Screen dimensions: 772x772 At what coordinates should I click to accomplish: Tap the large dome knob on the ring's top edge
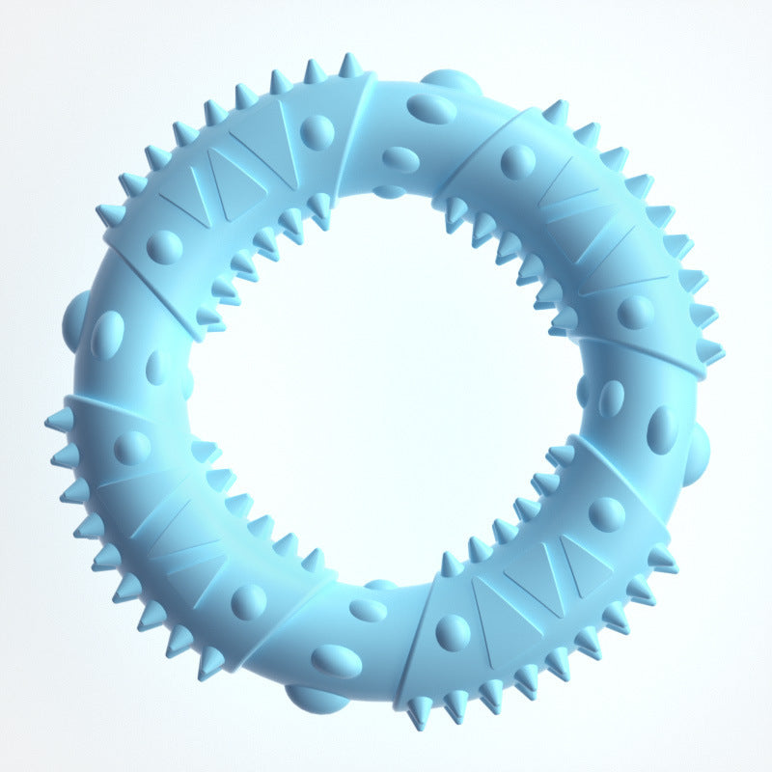pyautogui.click(x=450, y=81)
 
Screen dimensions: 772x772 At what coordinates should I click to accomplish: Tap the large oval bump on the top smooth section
pyautogui.click(x=431, y=108)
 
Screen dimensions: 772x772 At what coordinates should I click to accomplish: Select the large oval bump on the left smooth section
pyautogui.click(x=107, y=334)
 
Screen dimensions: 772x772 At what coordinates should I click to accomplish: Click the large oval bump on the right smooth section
pyautogui.click(x=662, y=428)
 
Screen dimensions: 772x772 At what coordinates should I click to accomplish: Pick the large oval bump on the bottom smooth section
pyautogui.click(x=337, y=661)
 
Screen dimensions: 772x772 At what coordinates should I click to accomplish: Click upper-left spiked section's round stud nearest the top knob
pyautogui.click(x=317, y=131)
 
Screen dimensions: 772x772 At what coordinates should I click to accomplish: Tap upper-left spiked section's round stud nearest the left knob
pyautogui.click(x=164, y=247)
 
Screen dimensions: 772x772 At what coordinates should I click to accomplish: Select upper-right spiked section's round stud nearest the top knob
pyautogui.click(x=519, y=161)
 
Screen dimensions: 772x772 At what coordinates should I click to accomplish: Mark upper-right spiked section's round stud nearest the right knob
pyautogui.click(x=636, y=312)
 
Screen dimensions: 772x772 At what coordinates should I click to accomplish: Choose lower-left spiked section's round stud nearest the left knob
pyautogui.click(x=132, y=448)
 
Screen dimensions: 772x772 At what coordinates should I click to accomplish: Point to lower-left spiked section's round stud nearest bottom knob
pyautogui.click(x=249, y=601)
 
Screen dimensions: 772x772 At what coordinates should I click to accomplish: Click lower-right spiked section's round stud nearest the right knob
pyautogui.click(x=607, y=514)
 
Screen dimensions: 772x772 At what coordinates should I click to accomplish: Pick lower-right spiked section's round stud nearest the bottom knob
pyautogui.click(x=453, y=632)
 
